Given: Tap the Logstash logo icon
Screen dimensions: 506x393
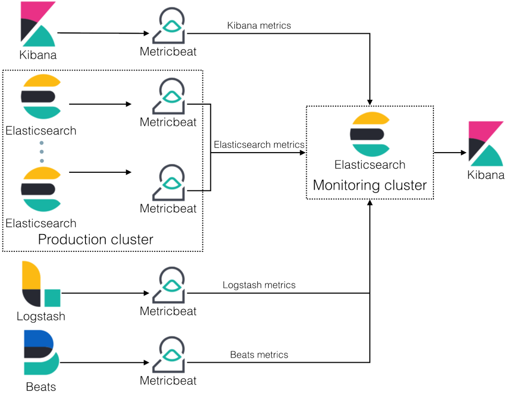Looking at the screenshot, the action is point(41,284).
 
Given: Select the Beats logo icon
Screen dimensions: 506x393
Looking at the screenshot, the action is point(42,352).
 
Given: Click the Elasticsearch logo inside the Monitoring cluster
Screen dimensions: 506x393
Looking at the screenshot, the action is point(370,134).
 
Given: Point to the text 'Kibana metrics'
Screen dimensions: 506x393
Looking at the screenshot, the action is point(259,26).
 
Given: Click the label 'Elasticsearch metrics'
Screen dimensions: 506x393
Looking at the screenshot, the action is point(259,145).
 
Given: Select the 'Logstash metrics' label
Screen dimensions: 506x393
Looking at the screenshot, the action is point(259,285).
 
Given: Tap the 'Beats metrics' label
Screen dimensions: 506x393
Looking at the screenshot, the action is point(259,354).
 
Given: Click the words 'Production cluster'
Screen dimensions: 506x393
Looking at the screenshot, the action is point(95,239).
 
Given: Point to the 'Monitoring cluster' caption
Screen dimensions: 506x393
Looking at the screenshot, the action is point(370,185).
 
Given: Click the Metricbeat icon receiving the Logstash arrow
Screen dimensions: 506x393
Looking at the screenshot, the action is point(169,285).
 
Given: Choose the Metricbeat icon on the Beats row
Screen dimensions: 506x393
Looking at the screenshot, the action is point(169,354).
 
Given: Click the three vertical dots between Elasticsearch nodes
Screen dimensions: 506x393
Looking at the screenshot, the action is point(42,152).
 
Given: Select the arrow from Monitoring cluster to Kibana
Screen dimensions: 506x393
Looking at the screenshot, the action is point(450,153).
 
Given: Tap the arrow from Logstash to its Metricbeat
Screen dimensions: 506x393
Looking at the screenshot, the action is point(105,293).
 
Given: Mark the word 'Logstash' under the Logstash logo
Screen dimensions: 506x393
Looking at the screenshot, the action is point(41,316).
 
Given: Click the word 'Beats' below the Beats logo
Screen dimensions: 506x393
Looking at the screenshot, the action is point(41,387).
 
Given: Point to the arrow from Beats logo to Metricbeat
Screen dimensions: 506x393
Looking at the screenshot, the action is point(104,363).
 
